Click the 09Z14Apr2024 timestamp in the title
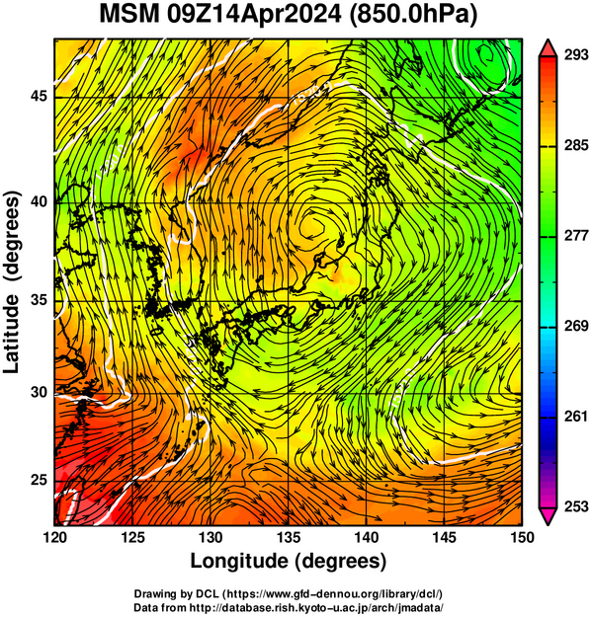click(x=254, y=15)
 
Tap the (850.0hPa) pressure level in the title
click(x=413, y=16)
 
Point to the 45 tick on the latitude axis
click(x=40, y=96)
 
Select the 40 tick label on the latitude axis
click(x=40, y=201)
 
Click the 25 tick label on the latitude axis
click(x=40, y=481)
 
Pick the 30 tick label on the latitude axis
click(x=40, y=392)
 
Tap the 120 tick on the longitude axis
click(x=54, y=537)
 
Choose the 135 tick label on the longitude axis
click(x=289, y=537)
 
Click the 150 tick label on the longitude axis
click(x=522, y=537)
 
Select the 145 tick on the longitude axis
click(x=445, y=537)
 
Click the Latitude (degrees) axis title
click(x=12, y=281)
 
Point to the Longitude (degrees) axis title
click(x=288, y=561)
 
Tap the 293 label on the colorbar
click(x=576, y=55)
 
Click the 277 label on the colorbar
click(x=576, y=236)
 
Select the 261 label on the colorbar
click(x=576, y=417)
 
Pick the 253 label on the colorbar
click(x=576, y=506)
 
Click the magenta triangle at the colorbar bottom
click(x=548, y=515)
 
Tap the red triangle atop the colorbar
click(x=548, y=48)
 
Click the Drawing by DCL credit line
click(x=289, y=593)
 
